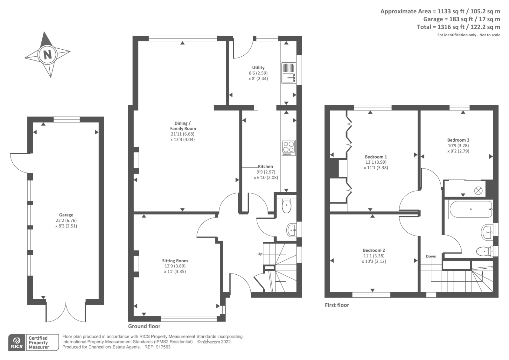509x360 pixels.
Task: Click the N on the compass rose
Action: pos(47,55)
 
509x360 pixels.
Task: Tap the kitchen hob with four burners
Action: pos(288,148)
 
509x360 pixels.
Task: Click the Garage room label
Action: pos(66,215)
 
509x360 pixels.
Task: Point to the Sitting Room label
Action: pos(175,261)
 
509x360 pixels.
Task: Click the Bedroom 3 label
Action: pos(458,140)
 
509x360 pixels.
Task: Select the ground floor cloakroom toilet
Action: pos(287,206)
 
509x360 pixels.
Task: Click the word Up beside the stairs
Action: pos(260,254)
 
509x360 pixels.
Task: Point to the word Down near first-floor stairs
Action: pos(431,256)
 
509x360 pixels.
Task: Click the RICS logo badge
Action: pos(17,342)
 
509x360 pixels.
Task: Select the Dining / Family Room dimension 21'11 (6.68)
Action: pos(183,134)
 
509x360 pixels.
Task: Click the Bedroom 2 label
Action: pos(374,250)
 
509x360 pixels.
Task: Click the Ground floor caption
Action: pos(144,326)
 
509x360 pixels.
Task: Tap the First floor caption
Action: pos(337,305)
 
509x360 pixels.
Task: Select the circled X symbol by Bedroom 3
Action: pos(478,191)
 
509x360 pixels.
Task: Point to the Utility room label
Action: pos(258,67)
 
